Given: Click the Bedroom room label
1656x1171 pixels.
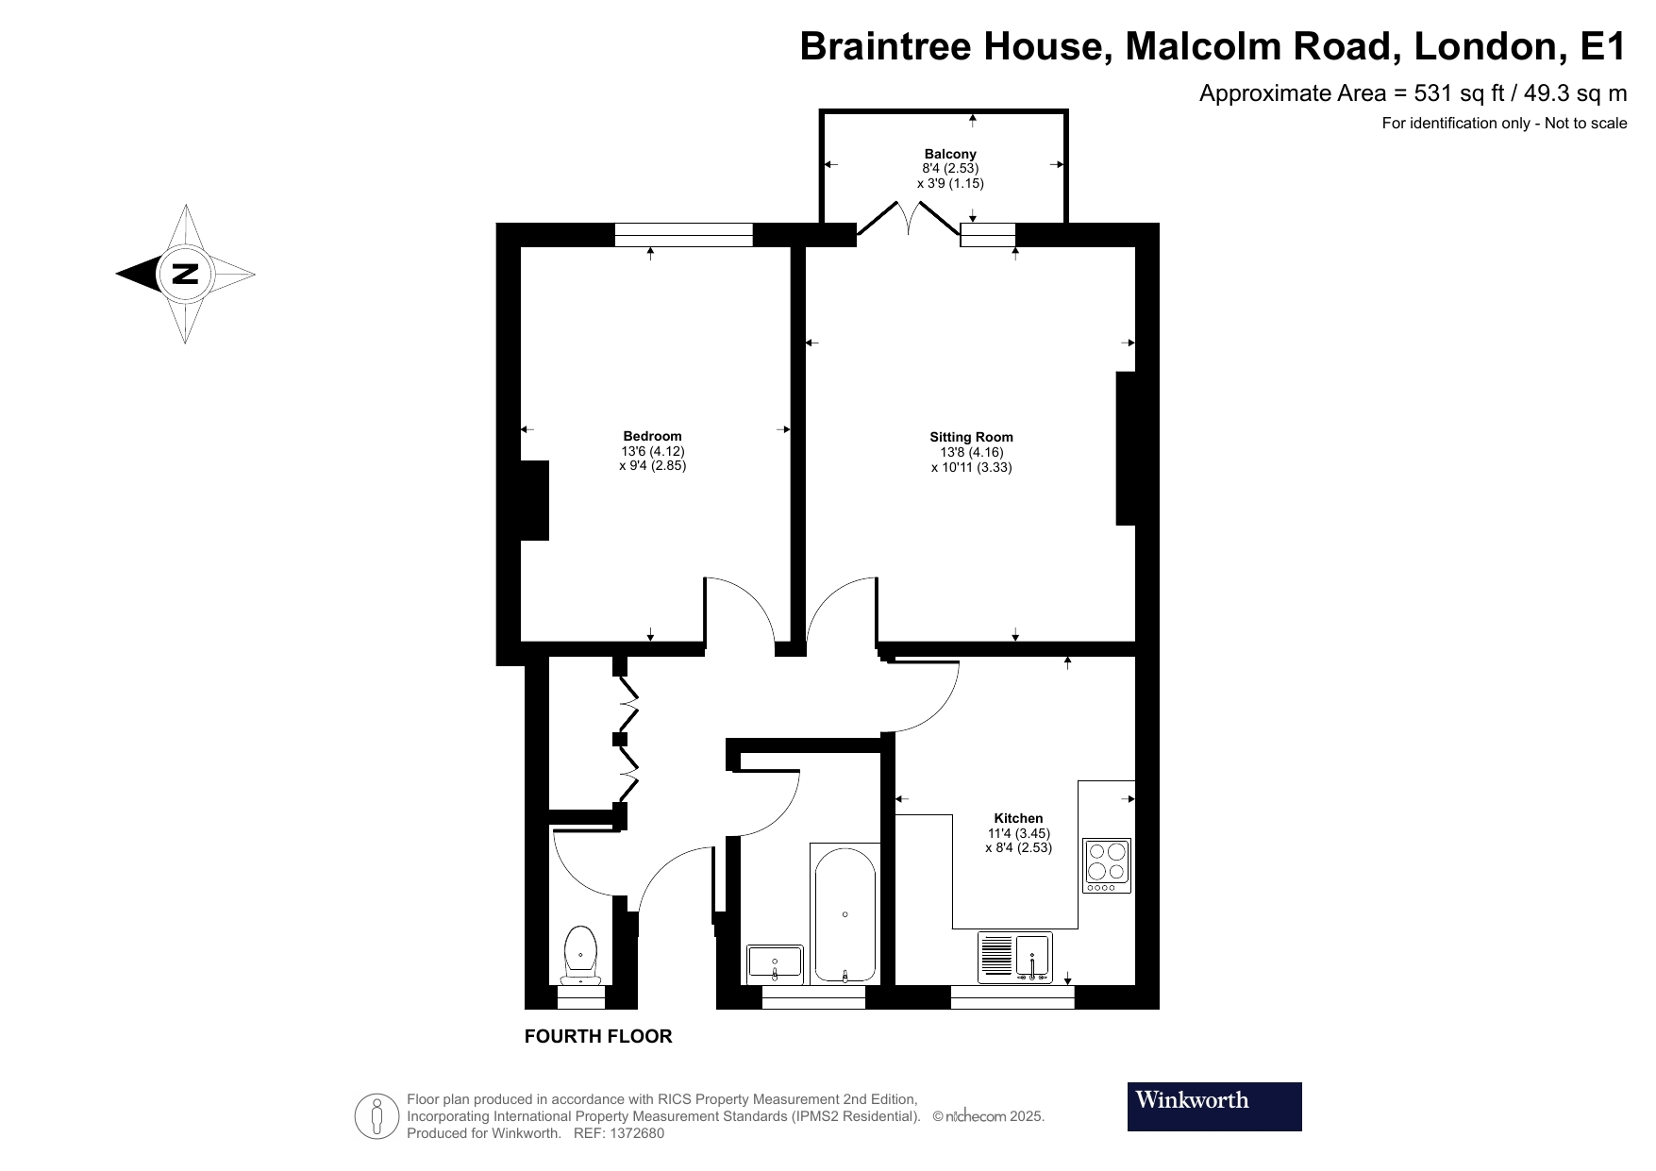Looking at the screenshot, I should click(652, 436).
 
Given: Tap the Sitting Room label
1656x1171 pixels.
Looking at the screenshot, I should click(971, 437).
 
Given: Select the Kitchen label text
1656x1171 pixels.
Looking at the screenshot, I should click(1018, 818).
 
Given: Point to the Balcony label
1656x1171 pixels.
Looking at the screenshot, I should click(950, 154).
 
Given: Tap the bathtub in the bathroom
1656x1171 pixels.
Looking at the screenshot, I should click(845, 913).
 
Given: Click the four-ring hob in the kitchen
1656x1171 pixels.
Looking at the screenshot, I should click(1107, 865).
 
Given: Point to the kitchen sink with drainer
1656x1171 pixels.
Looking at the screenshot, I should click(1015, 957).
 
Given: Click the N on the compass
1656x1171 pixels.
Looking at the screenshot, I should click(185, 275).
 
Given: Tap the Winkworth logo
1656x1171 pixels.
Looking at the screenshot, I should click(1213, 1106).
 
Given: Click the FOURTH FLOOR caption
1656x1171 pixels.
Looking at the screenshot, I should click(598, 1036).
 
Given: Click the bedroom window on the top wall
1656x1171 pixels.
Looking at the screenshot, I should click(683, 235).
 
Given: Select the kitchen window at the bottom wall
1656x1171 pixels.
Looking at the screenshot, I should click(1012, 997).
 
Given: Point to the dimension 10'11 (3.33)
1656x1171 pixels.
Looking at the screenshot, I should click(971, 467).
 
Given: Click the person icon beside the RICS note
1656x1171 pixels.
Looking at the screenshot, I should click(377, 1116).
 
